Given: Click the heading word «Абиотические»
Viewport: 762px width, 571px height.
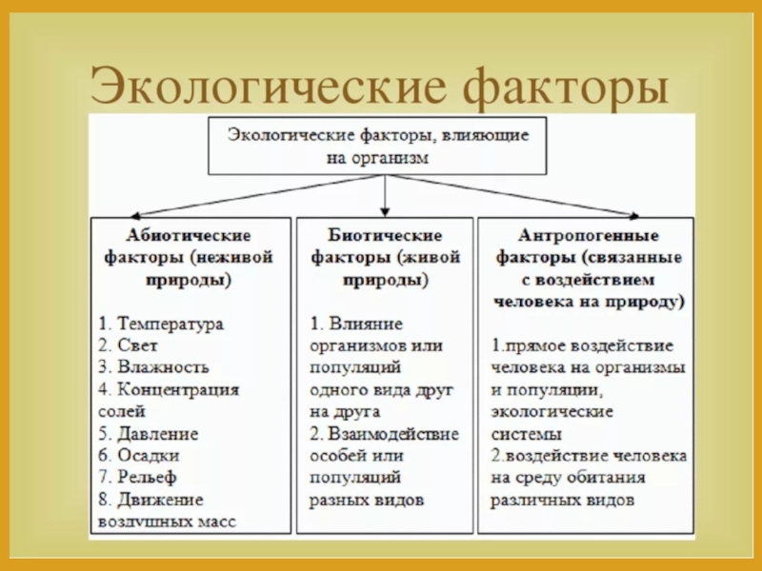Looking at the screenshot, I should click(x=188, y=234).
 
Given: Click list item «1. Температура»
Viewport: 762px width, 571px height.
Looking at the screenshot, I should click(x=160, y=324).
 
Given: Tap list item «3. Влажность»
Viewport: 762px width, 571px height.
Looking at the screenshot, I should click(x=152, y=366).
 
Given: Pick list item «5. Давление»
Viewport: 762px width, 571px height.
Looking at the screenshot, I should click(x=148, y=433).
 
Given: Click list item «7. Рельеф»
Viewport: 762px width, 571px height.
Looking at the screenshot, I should click(x=137, y=477).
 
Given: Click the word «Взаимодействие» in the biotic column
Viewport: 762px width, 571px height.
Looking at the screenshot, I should click(x=394, y=433).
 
